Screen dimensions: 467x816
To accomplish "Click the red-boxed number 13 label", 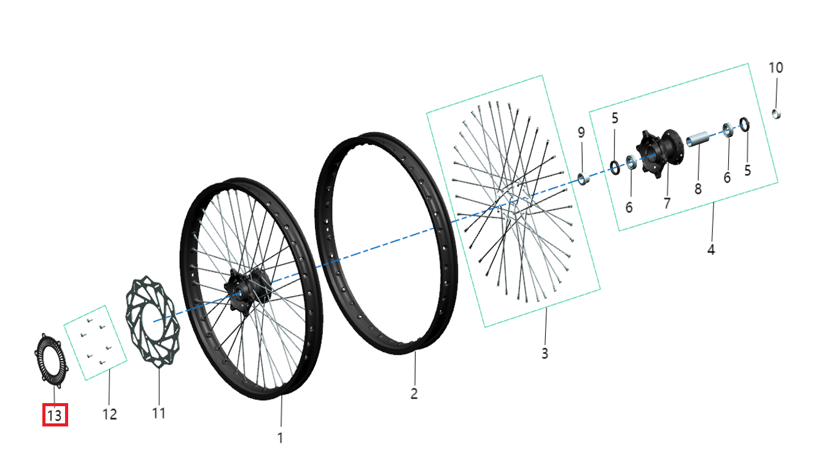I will point(55,415).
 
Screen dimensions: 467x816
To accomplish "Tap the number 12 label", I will point(109,414).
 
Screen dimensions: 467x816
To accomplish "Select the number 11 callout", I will point(158,414).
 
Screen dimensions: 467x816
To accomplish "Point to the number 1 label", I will point(280,438).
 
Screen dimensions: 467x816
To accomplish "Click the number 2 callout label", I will point(414,393).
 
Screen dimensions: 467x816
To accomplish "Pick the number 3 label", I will point(545,353).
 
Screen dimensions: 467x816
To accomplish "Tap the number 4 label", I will point(711,249).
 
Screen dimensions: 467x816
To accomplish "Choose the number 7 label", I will point(667,203).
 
